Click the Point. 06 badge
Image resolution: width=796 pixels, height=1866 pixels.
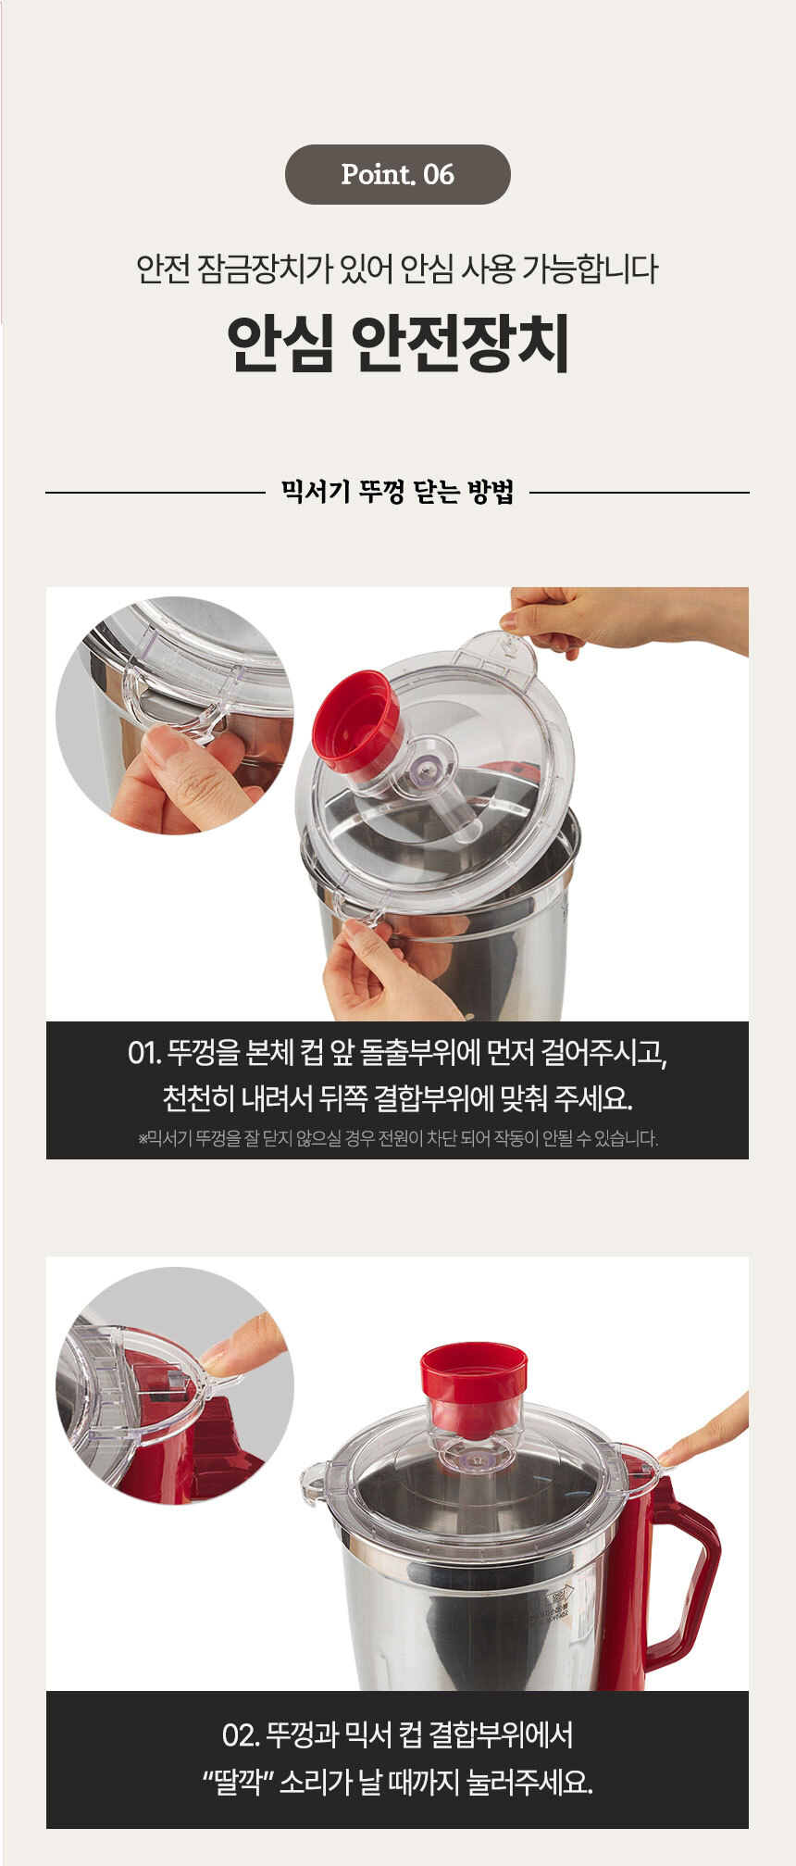pos(397,174)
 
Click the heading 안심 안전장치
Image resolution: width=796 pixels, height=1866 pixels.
pos(398,344)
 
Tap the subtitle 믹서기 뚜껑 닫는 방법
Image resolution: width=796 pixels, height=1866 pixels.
pos(397,493)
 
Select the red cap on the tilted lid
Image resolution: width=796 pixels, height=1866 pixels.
pos(356,720)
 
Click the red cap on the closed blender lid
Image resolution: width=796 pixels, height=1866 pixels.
pos(474,1386)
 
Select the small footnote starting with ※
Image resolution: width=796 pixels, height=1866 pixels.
pos(398,1138)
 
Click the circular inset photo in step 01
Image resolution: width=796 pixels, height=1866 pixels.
pos(174,715)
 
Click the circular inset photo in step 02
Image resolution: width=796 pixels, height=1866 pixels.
pos(174,1385)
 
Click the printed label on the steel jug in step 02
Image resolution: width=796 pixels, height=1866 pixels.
pos(547,1608)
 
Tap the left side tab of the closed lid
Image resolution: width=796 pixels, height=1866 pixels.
pos(315,1477)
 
